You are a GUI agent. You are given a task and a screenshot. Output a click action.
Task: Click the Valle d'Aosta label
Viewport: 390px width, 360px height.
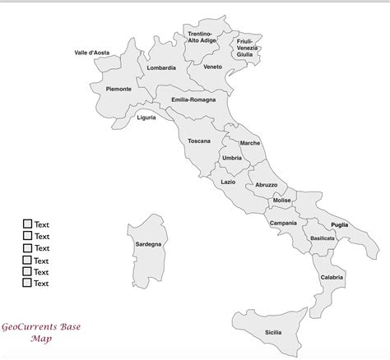point(91,52)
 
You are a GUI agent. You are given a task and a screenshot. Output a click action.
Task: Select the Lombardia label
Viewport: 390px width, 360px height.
point(161,68)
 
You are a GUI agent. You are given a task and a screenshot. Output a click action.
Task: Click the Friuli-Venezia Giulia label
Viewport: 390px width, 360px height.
point(247,47)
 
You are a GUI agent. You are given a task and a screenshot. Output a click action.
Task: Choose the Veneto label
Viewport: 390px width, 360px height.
point(212,67)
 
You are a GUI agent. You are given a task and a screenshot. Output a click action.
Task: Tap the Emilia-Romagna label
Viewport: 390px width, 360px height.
point(193,99)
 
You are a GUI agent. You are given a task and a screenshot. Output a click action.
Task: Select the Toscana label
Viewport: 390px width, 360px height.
point(199,141)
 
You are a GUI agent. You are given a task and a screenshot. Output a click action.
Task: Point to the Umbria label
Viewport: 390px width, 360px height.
point(232,157)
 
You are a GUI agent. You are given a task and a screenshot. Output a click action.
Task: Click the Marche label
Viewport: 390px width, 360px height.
point(250,143)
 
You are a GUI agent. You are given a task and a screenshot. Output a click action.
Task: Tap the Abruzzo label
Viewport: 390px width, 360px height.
point(267,185)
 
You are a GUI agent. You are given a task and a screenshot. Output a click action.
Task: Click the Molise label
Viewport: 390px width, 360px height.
point(282,201)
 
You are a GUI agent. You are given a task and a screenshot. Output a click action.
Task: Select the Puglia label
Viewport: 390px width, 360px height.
point(339,224)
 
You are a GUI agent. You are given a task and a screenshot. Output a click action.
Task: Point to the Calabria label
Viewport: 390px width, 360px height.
point(332,277)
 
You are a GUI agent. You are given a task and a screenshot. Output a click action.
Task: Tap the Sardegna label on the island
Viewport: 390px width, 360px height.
point(148,244)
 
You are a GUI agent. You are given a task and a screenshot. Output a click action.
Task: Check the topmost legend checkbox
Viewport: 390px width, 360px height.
point(27,224)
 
